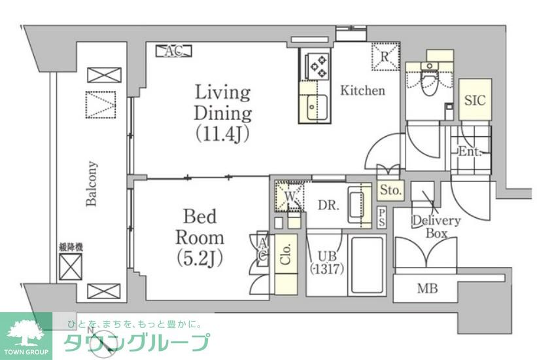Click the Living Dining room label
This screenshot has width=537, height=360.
(222, 113)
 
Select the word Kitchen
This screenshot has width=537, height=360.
(362, 91)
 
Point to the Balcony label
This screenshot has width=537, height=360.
(92, 184)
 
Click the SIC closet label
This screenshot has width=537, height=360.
(475, 100)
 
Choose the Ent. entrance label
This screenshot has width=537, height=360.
(470, 152)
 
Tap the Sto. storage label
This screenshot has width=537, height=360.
(391, 190)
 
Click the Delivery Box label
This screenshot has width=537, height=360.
(436, 226)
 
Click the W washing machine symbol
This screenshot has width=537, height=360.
(288, 195)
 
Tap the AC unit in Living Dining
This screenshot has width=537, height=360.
(173, 50)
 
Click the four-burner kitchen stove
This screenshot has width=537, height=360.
(319, 65)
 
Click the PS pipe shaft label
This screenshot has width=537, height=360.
(382, 218)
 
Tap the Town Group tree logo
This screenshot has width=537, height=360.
(26, 331)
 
